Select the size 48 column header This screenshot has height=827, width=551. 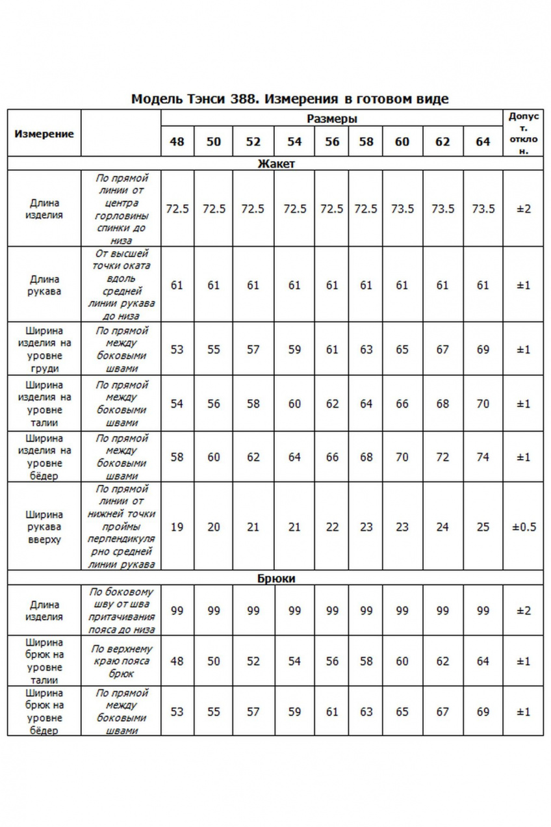[x=177, y=142]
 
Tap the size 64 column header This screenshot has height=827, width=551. [x=483, y=142]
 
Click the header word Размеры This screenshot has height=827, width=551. [x=332, y=119]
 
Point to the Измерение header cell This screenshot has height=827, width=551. [x=44, y=133]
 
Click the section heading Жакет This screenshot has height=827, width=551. [x=275, y=164]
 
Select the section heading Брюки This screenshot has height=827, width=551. [x=275, y=579]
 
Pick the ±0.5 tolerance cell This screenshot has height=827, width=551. [x=524, y=527]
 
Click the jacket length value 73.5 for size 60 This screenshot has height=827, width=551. [x=402, y=209]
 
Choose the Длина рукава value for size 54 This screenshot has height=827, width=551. [x=294, y=285]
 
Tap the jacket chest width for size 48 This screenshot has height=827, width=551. [x=177, y=350]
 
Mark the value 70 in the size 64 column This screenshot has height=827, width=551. [x=483, y=404]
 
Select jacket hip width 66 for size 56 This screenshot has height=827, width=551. [x=332, y=457]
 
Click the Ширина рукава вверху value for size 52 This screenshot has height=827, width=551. [x=253, y=527]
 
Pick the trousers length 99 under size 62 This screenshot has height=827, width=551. [x=442, y=611]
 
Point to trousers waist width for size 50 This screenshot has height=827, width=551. [x=214, y=661]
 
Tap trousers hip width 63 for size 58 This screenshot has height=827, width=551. [x=366, y=712]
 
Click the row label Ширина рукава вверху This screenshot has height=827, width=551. [x=44, y=527]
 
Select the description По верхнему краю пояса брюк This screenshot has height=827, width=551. [x=121, y=661]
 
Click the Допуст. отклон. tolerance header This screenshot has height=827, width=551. [x=524, y=133]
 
